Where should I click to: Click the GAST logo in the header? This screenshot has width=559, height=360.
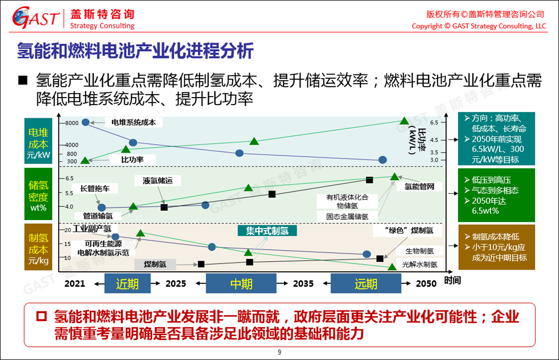pos(36,18)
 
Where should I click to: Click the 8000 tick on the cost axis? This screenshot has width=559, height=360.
pos(71,123)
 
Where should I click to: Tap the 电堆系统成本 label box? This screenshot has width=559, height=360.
pos(134,122)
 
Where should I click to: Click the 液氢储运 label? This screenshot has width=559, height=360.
pos(162,181)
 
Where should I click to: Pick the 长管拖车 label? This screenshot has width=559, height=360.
pos(99,188)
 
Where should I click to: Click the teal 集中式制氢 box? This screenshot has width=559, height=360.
pos(268,230)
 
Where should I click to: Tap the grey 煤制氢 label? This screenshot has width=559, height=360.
pos(156,264)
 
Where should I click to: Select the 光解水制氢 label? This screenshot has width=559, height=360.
pos(419,264)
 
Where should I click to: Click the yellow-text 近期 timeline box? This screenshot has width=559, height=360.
pos(127,283)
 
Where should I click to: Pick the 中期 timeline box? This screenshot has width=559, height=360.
pos(241,283)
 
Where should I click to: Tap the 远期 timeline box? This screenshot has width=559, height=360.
pos(365,283)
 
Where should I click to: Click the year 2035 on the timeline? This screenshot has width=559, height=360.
pos(302,283)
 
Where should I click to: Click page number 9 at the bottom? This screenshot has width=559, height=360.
pos(279,352)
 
